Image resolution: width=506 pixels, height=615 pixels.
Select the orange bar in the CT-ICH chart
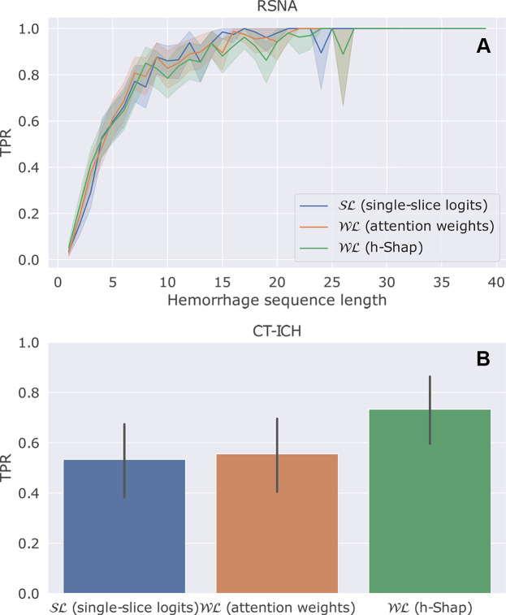[277, 523]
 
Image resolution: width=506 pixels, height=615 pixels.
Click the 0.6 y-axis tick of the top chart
[30, 122]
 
